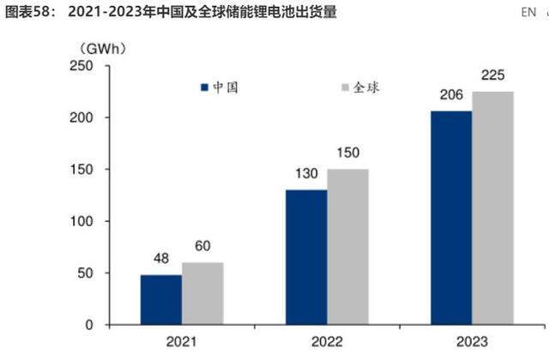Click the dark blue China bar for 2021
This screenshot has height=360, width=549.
click(160, 300)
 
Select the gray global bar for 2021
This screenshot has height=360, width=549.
click(202, 294)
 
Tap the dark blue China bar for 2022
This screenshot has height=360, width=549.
click(305, 257)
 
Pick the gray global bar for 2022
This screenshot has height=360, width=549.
click(347, 247)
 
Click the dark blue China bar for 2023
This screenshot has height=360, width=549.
click(451, 218)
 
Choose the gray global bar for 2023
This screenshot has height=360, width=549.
click(492, 208)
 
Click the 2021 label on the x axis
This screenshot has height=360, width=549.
click(181, 342)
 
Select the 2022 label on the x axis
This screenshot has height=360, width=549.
click(327, 342)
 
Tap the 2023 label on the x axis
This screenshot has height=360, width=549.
click(472, 342)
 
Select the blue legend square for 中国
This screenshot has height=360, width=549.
click(205, 87)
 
